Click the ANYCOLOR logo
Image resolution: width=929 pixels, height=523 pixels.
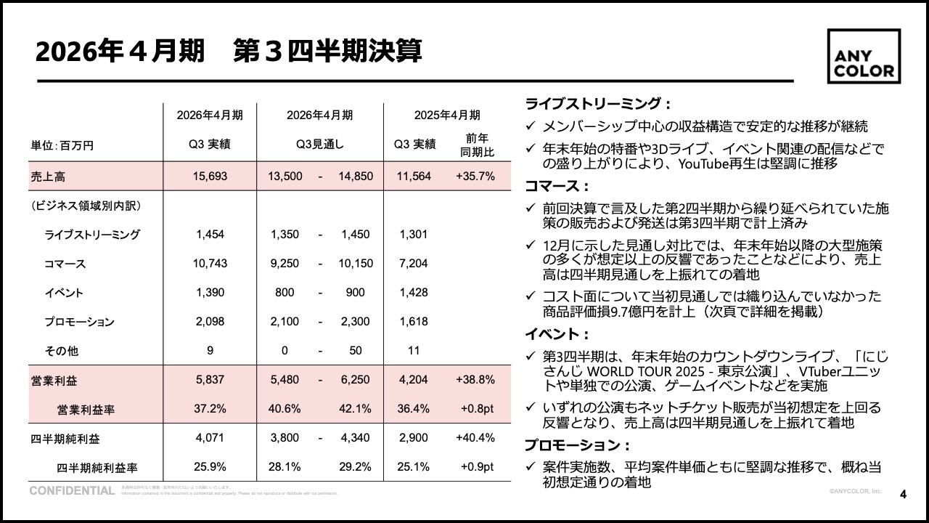[x=864, y=56]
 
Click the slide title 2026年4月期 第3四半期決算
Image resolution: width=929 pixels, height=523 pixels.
[x=229, y=52]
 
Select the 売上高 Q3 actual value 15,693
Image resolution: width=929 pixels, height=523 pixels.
[x=210, y=176]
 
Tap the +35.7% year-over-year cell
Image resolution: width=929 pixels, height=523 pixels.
[x=475, y=176]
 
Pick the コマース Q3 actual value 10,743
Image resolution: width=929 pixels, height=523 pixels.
[x=210, y=264]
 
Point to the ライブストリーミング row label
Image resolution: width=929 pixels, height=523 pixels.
[x=92, y=235]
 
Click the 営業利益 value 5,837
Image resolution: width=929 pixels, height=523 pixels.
[x=210, y=380]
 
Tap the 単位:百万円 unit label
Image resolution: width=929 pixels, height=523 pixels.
[x=62, y=145]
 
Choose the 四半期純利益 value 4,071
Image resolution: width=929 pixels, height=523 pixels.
[x=210, y=438]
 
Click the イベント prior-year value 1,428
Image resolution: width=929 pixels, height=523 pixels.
[x=414, y=293]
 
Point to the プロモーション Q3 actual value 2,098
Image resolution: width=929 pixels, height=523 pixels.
[x=210, y=322]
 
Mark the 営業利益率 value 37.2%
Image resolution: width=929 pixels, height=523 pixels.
[x=210, y=409]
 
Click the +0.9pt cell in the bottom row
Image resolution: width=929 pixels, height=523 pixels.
[x=477, y=467]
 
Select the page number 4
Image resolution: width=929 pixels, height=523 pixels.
[x=903, y=495]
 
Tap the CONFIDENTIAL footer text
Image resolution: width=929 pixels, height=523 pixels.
[x=72, y=491]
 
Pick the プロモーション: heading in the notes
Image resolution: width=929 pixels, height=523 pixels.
[x=577, y=445]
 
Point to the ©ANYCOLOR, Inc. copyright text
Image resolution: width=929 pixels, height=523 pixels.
[x=856, y=492]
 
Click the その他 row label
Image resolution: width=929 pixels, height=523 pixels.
[x=62, y=351]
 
